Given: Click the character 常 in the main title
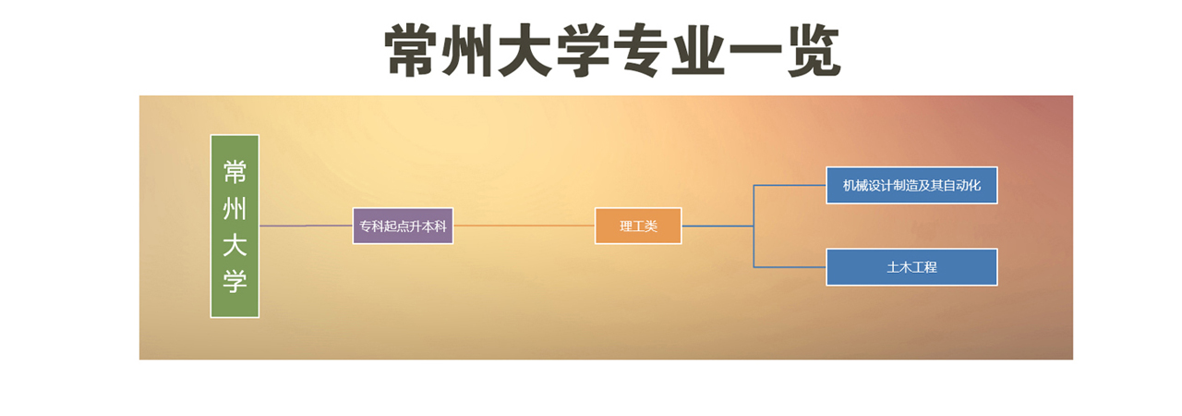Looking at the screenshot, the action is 411,50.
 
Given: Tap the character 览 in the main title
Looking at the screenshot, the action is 814,51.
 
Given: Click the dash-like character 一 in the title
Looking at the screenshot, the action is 755,50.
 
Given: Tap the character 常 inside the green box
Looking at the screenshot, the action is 235,172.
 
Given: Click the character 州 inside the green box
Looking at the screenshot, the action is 235,209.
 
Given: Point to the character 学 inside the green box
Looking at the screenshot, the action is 235,281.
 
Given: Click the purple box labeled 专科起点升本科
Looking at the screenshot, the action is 403,226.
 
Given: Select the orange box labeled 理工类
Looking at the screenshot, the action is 638,226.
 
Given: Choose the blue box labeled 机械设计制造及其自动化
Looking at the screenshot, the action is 911,185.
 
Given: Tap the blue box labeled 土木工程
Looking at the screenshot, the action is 911,267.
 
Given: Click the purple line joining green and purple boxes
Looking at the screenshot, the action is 306,226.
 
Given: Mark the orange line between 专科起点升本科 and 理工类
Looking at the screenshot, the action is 524,226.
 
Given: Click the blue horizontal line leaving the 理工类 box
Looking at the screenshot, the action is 718,226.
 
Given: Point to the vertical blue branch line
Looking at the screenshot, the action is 754,226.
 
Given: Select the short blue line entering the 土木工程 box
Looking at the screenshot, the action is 790,267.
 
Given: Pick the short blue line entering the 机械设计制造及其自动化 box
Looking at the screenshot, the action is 790,185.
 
